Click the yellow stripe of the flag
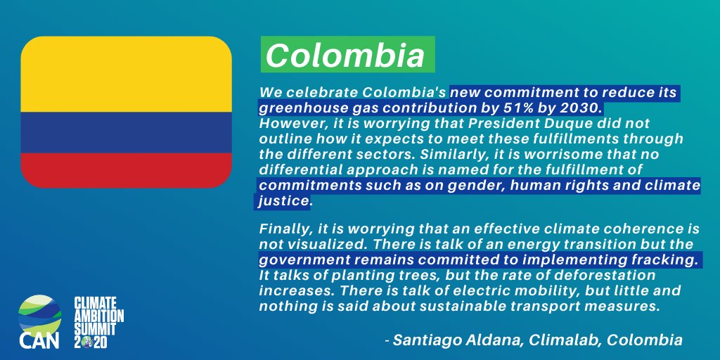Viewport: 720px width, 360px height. coord(127,74)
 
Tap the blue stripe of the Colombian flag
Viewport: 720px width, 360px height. coord(127,132)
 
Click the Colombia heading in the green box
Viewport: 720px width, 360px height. coord(345,56)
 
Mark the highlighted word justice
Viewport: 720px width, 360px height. coord(283,202)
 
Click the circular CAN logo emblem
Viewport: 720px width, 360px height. coord(40,313)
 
